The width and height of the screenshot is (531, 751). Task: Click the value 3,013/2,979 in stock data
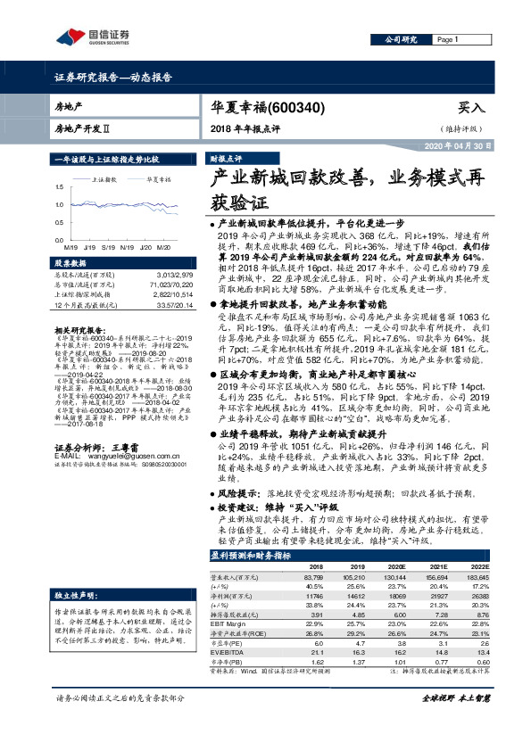[170, 276]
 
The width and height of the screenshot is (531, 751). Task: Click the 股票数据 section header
[71, 264]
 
